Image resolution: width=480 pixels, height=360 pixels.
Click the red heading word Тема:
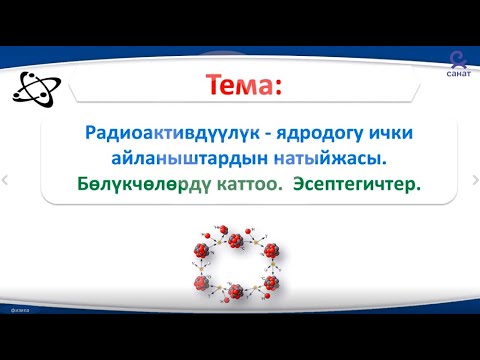[239, 86]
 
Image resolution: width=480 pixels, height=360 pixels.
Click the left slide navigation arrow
[6, 180]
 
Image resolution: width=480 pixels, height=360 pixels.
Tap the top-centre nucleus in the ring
[237, 242]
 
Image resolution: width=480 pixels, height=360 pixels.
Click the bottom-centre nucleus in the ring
[237, 291]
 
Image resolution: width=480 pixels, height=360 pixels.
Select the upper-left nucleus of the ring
[206, 249]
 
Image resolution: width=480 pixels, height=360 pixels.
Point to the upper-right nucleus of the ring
[268, 249]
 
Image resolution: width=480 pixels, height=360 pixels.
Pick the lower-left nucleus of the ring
[206, 284]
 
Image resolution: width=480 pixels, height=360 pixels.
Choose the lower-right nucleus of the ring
[268, 284]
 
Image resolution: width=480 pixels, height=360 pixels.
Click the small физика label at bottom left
[19, 338]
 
